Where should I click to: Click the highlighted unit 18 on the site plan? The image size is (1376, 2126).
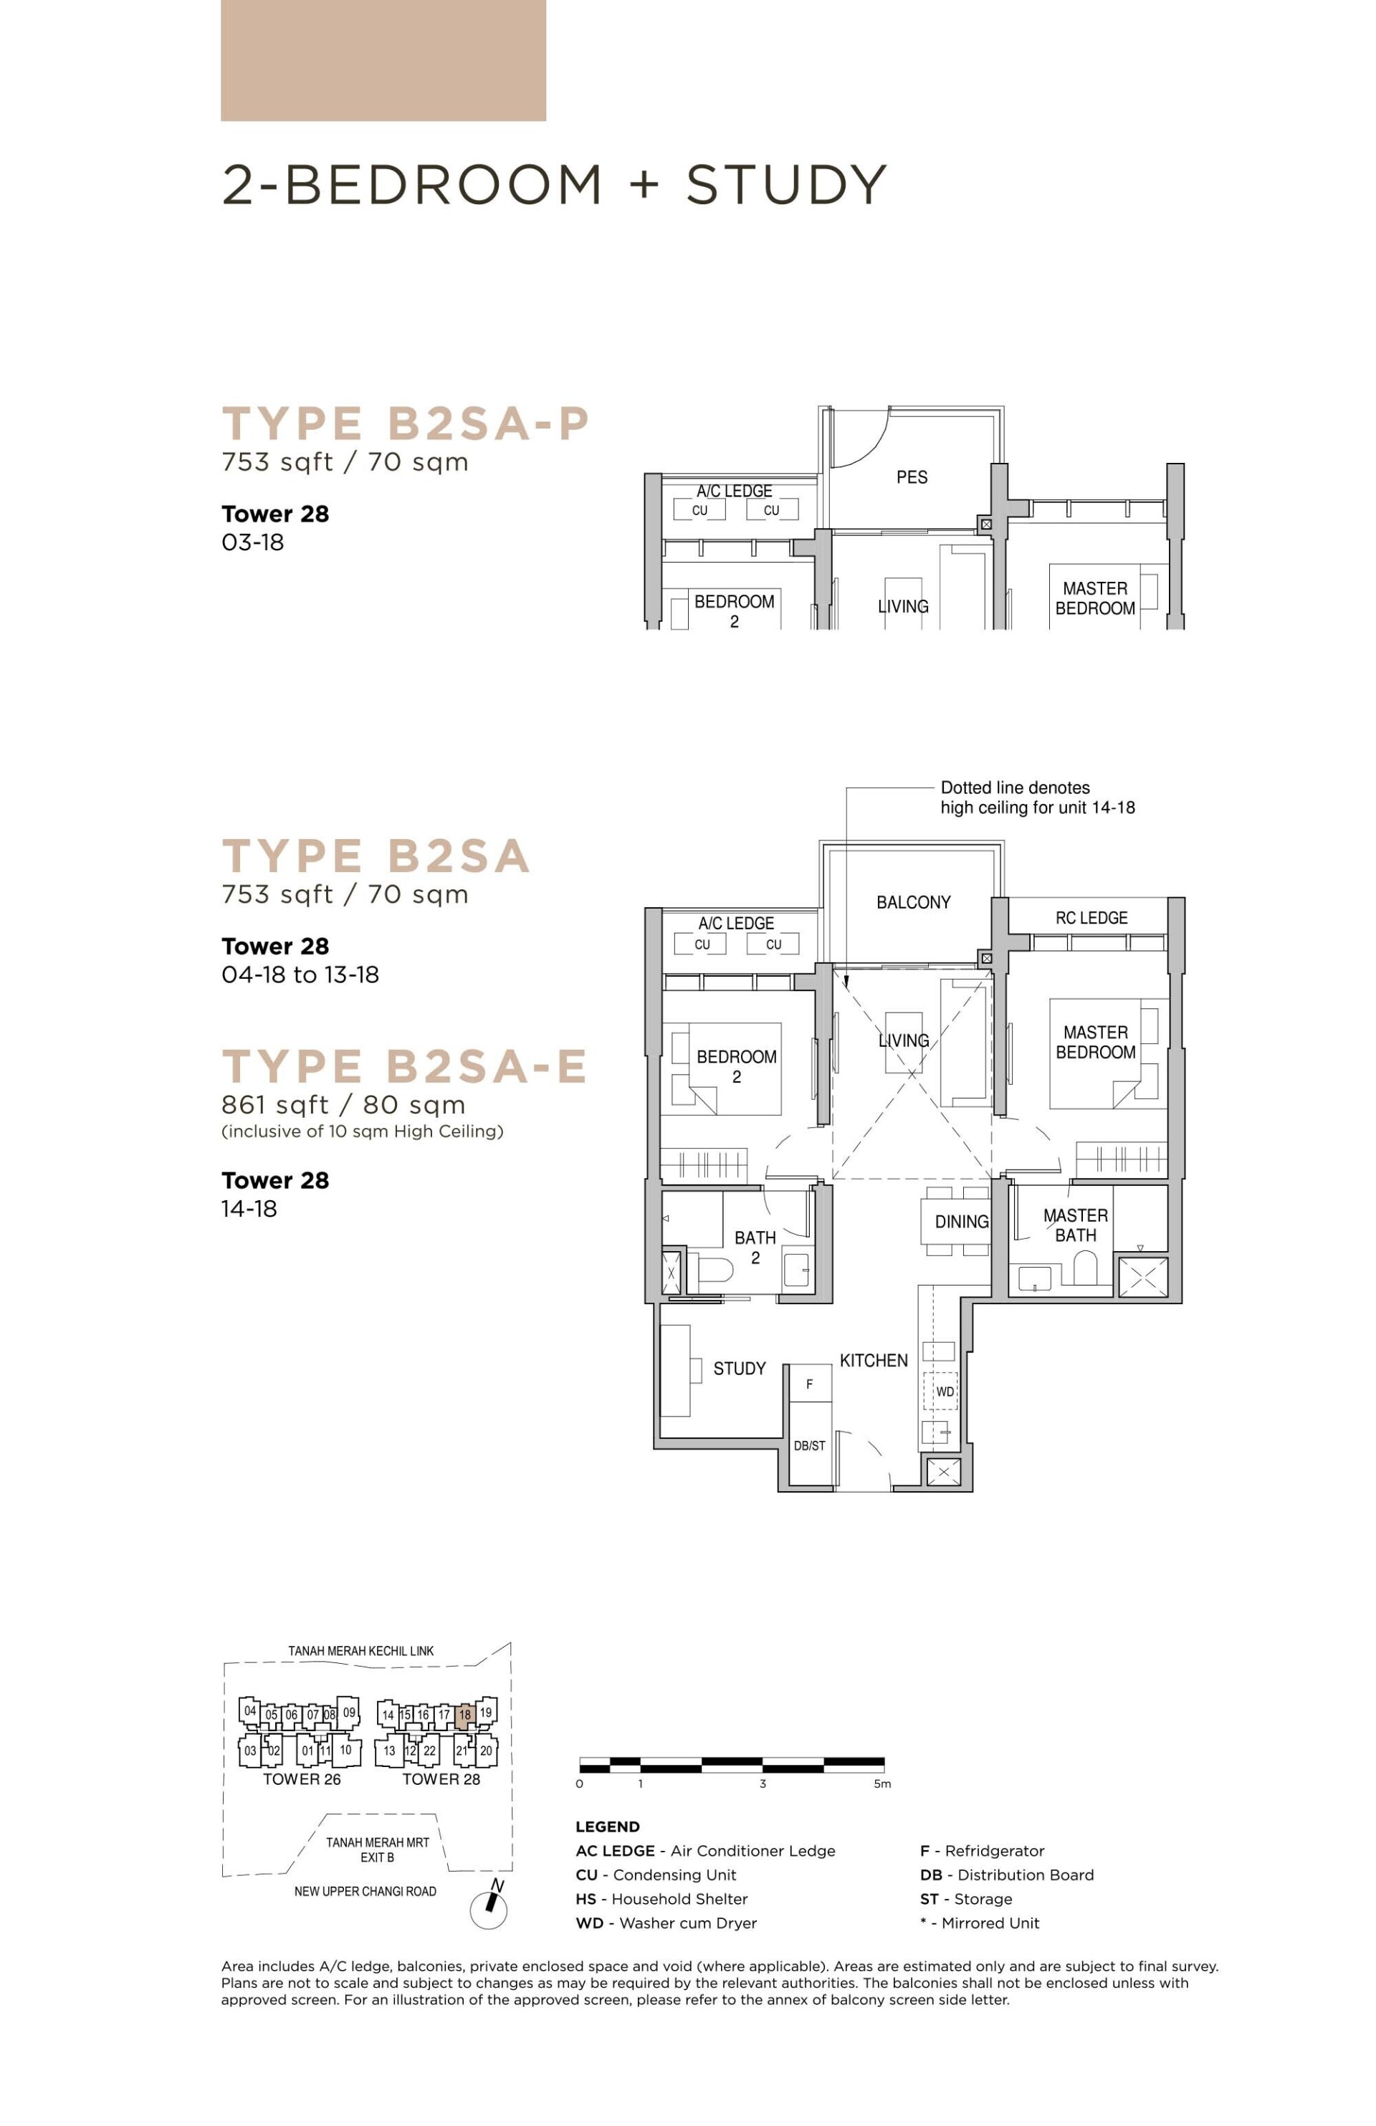464,1714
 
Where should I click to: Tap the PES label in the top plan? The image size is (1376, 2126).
912,477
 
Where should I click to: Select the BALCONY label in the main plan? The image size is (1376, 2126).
913,902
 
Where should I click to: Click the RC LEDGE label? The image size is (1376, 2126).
1091,917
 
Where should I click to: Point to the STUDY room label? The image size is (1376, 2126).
739,1369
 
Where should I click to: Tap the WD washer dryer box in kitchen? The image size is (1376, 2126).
945,1392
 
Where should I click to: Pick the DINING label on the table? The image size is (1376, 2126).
962,1222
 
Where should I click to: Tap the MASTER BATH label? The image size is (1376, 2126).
1075,1225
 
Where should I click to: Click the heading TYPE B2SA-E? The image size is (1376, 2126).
404,1066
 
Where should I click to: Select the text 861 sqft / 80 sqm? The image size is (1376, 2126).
343,1105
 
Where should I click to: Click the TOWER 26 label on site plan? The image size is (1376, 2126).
302,1778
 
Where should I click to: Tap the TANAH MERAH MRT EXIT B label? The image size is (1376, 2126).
377,1849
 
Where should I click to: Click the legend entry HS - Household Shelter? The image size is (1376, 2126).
661,1898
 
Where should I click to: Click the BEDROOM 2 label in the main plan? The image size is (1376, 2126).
736,1066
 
